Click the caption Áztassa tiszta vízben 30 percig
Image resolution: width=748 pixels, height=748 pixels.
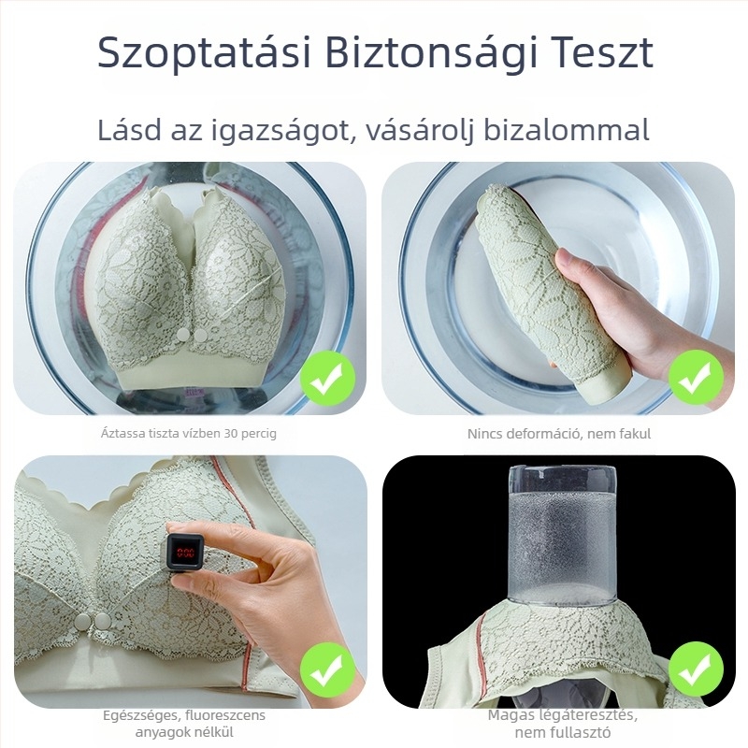click(189, 434)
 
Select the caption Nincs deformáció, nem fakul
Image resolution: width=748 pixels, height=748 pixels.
click(559, 434)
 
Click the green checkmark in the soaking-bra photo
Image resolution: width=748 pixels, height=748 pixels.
click(327, 378)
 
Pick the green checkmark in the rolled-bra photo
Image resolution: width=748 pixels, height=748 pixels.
click(696, 378)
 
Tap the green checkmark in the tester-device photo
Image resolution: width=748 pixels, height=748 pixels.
click(327, 668)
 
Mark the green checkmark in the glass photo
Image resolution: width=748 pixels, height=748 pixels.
click(696, 668)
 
